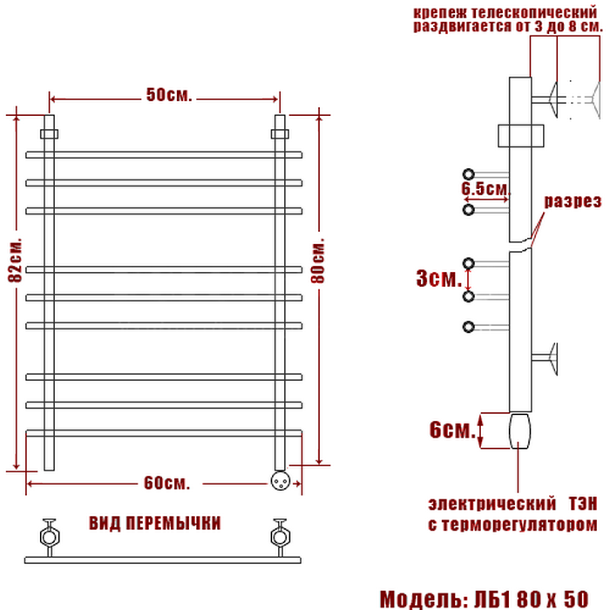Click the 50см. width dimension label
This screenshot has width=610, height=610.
pyautogui.click(x=169, y=95)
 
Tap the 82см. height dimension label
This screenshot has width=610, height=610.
pyautogui.click(x=15, y=259)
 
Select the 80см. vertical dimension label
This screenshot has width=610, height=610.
pyautogui.click(x=318, y=261)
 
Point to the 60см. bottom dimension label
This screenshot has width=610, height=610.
pyautogui.click(x=167, y=483)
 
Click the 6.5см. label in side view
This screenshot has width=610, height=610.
pyautogui.click(x=486, y=189)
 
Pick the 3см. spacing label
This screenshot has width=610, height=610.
pyautogui.click(x=439, y=279)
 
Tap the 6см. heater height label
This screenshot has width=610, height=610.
pyautogui.click(x=453, y=430)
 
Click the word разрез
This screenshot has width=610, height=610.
pyautogui.click(x=573, y=201)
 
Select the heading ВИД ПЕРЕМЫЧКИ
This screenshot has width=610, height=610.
pyautogui.click(x=155, y=523)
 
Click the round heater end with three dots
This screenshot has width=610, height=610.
pyautogui.click(x=281, y=480)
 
